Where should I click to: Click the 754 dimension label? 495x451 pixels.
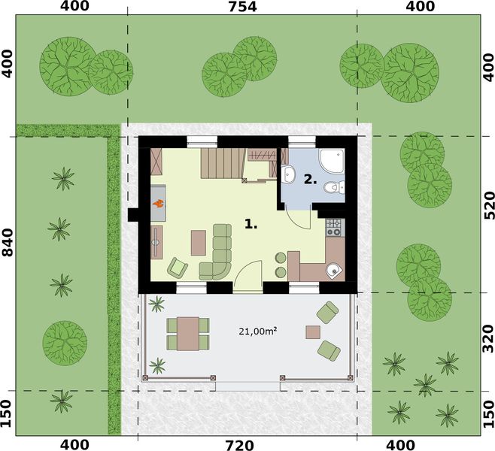pos(241,8)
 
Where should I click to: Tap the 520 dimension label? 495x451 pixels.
pos(487,204)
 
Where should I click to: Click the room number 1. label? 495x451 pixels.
pos(251,223)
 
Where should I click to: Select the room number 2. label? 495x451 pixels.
pos(309,179)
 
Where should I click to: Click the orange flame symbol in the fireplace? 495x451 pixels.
pos(159,201)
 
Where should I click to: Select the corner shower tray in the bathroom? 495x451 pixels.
pos(331,160)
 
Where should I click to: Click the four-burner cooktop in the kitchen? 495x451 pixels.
pos(334,224)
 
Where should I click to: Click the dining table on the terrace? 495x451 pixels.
pos(187,332)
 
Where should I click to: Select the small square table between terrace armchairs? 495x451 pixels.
pos(312,331)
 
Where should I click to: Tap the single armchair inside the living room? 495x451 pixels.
pos(178,267)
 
